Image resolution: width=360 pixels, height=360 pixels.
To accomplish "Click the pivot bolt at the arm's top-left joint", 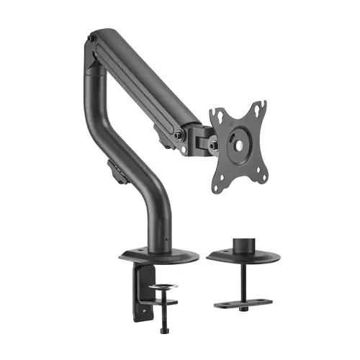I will click(94, 37).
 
